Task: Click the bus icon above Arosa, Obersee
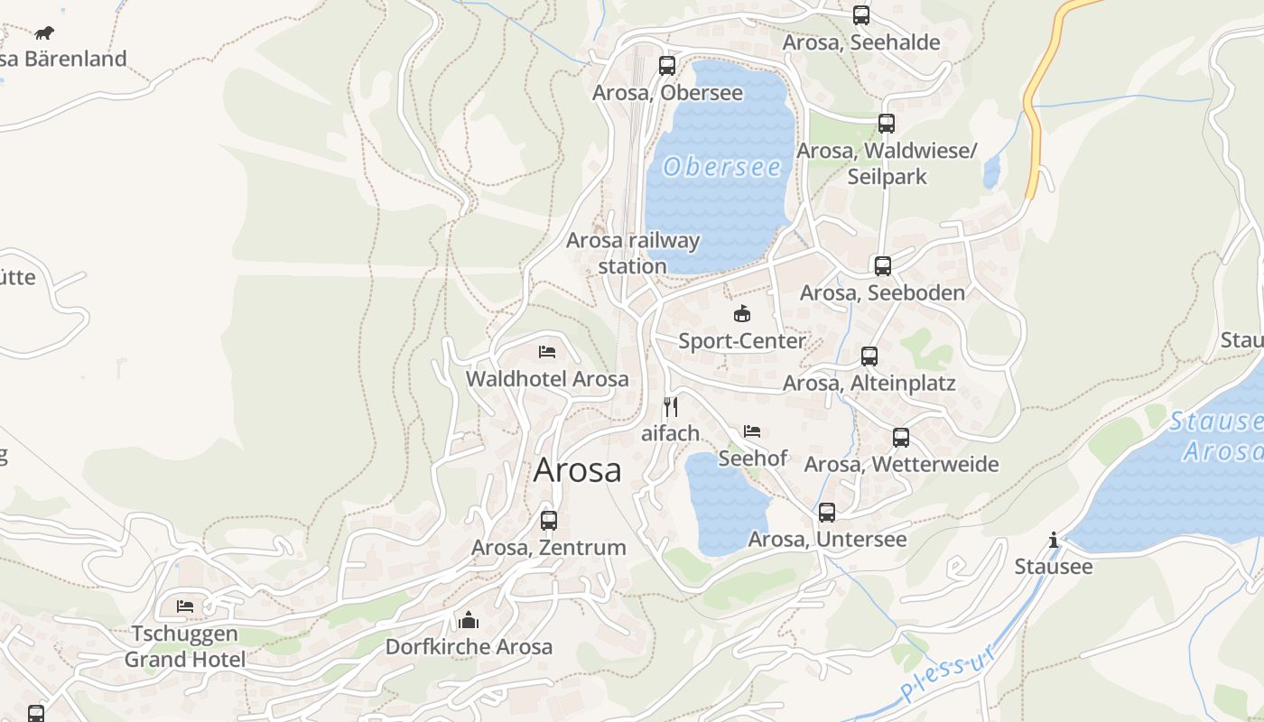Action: [667, 66]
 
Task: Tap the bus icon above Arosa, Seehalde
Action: [861, 15]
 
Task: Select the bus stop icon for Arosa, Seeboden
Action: [883, 266]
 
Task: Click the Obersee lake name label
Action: [722, 167]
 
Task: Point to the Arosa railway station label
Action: [633, 254]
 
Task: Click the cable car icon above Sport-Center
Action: [742, 314]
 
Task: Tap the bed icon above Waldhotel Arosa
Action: [547, 352]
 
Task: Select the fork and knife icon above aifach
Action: [670, 407]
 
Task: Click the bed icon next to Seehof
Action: [752, 431]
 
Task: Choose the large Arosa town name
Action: [578, 470]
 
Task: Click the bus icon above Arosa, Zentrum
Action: [549, 521]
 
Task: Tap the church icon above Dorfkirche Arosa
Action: [469, 620]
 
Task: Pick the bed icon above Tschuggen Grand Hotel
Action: [185, 606]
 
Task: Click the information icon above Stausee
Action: [1054, 541]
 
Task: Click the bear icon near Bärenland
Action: [44, 33]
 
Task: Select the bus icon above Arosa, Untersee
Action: [827, 513]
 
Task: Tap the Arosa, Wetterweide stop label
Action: [901, 464]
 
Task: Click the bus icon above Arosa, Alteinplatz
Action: [869, 356]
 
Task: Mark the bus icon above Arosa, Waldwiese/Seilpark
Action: [887, 124]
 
